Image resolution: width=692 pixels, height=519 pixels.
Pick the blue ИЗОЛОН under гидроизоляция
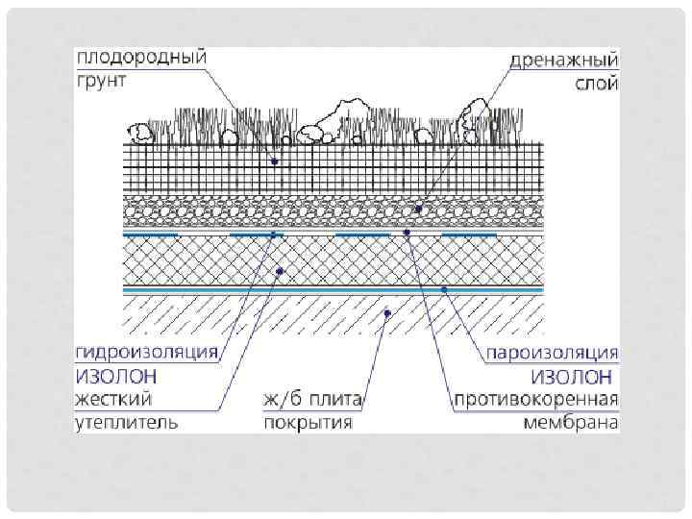point(119,374)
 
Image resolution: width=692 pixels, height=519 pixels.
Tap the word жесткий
point(111,397)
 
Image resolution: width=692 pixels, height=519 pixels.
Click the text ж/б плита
point(308,398)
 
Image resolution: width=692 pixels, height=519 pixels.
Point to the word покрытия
point(307,421)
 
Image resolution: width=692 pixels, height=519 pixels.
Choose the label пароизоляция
point(552,352)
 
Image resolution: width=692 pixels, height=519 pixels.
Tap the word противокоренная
point(536,398)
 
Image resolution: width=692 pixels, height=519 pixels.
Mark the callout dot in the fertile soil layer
point(275,161)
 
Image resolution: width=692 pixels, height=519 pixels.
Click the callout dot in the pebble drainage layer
point(418,208)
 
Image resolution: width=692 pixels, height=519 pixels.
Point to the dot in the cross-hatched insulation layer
point(279,271)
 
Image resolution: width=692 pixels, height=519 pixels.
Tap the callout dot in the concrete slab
point(386,311)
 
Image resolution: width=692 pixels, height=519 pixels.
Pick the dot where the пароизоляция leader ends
point(443,287)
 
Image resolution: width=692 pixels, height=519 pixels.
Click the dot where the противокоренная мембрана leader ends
point(407,233)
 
